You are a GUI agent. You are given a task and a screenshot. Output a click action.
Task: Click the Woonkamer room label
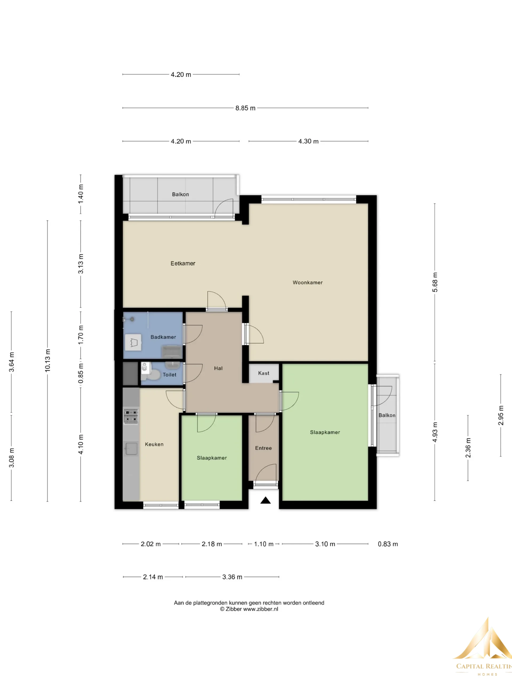pyautogui.click(x=308, y=283)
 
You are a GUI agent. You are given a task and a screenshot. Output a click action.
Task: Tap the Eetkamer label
pyautogui.click(x=183, y=263)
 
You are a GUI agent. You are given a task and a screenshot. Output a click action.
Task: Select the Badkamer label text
pyautogui.click(x=163, y=337)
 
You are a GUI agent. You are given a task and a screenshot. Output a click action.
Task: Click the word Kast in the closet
pyautogui.click(x=263, y=373)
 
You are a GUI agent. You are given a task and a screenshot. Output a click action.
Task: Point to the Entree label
pyautogui.click(x=263, y=448)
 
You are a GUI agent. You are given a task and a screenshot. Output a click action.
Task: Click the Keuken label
pyautogui.click(x=154, y=444)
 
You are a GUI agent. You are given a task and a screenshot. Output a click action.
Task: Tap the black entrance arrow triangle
pyautogui.click(x=265, y=501)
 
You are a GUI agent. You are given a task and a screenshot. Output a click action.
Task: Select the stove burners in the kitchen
pyautogui.click(x=131, y=416)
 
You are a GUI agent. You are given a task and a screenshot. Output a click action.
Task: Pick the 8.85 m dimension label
pyautogui.click(x=245, y=108)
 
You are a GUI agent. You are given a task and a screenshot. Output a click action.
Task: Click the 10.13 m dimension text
pyautogui.click(x=47, y=360)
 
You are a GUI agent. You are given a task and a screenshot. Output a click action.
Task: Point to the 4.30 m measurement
pyautogui.click(x=308, y=141)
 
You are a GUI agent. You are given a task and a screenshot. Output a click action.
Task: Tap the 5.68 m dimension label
pyautogui.click(x=435, y=282)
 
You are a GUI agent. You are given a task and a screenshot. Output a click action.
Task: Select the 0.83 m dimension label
pyautogui.click(x=388, y=544)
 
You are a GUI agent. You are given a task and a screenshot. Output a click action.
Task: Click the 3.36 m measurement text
pyautogui.click(x=232, y=577)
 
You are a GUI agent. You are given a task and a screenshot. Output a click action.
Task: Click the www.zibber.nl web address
pyautogui.click(x=261, y=609)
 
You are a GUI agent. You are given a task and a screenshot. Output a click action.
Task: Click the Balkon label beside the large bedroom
pyautogui.click(x=387, y=415)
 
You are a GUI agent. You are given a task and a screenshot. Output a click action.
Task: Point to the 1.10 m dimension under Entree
pyautogui.click(x=263, y=544)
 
